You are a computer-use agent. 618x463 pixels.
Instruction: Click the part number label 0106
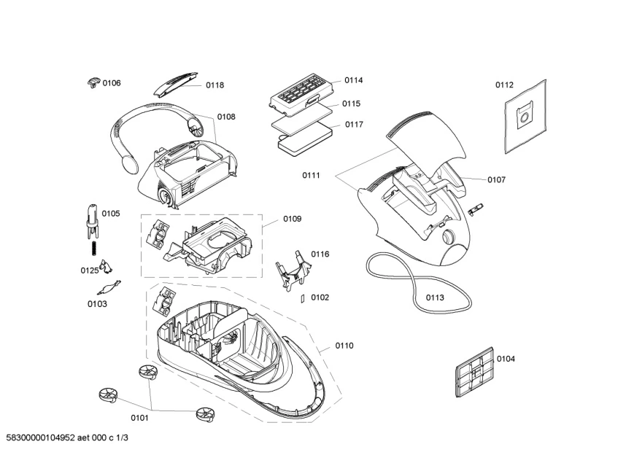pos(112,83)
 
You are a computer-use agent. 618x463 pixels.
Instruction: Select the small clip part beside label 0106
pos(92,82)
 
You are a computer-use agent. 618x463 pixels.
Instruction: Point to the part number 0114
pos(354,80)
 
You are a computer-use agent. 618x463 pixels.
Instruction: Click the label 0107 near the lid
pos(497,179)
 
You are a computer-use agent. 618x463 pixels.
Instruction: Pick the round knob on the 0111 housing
pos(447,238)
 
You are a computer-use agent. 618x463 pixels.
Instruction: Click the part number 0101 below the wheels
pos(139,418)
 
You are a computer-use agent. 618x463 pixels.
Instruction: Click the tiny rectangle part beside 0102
pos(301,297)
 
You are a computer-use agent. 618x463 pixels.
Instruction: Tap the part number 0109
pos(293,219)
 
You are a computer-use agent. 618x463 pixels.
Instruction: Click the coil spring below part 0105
pos(93,248)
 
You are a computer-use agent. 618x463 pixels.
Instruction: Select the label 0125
pos(89,271)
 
